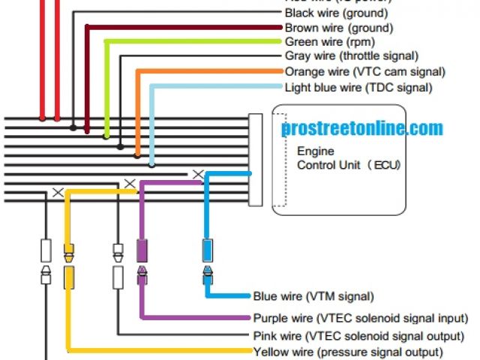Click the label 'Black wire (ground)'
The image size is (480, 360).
click(336, 13)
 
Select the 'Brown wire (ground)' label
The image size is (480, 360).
click(339, 28)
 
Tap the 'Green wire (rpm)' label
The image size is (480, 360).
click(330, 42)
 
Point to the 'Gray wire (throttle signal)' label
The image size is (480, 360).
click(352, 56)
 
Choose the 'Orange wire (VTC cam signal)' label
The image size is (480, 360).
click(365, 72)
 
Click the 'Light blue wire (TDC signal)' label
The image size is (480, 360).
click(358, 87)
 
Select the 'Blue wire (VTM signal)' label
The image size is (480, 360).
click(313, 296)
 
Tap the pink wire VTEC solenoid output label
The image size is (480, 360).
click(359, 335)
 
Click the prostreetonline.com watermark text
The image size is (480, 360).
click(362, 129)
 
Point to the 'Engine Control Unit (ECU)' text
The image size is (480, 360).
click(347, 158)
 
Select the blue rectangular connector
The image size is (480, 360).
click(208, 248)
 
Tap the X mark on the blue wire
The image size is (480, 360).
click(198, 174)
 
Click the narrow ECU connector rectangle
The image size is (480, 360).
click(256, 160)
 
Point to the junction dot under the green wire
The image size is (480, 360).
click(106, 137)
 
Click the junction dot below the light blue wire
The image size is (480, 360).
click(152, 165)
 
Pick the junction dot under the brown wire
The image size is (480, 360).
click(88, 133)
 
